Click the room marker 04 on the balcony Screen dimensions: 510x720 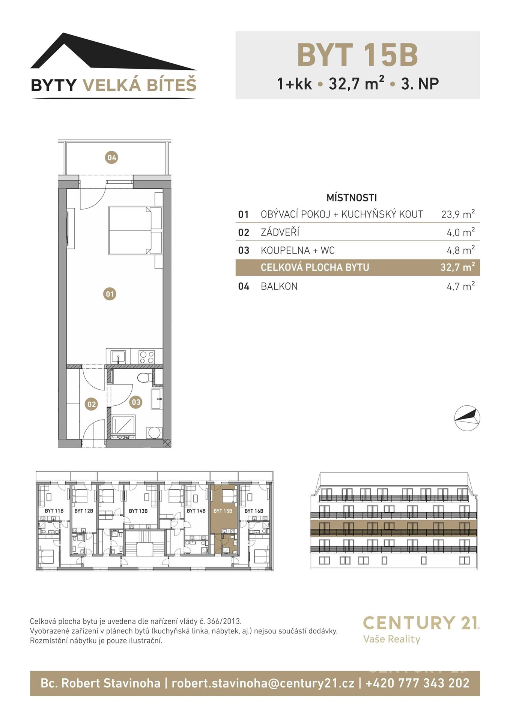112,157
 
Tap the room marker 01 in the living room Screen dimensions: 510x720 110,294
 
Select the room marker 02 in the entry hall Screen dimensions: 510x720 91,404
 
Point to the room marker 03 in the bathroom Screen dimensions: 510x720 136,402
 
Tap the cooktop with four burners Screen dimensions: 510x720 146,357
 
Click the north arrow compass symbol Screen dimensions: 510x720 467,418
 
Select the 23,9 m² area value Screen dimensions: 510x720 458,214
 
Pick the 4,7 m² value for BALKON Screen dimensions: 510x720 460,286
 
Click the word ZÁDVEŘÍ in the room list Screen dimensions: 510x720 280,232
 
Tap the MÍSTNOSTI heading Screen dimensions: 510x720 352,198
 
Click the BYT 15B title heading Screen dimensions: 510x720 357,55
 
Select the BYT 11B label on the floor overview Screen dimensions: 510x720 54,511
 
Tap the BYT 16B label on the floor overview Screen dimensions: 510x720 254,511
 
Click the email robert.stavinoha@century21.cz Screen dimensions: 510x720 263,683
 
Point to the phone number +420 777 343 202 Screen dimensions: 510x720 417,683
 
